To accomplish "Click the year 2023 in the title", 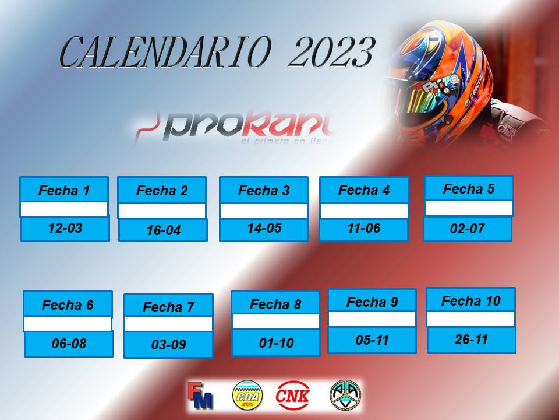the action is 331,52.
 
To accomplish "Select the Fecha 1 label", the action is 64,191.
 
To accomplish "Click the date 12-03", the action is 65,228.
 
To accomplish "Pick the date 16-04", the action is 163,230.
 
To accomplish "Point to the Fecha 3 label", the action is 264,191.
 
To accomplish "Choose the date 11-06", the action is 364,228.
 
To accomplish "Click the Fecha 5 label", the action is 469,189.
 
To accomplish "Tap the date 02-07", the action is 468,229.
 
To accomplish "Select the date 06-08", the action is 69,344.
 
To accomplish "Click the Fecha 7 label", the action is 169,307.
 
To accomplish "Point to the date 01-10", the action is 276,343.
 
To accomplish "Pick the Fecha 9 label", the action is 372,302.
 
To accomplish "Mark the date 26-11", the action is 471,339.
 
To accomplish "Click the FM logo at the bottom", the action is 200,395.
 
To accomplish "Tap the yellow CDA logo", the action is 247,395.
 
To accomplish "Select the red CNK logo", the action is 292,395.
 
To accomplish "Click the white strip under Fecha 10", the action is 471,319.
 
